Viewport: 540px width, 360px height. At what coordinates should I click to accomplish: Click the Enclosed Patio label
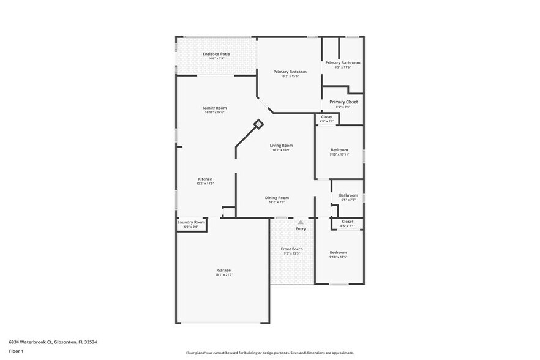[216, 54]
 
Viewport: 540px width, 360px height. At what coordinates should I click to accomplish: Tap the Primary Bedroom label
[290, 72]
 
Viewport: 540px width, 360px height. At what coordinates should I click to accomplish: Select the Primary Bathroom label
[342, 62]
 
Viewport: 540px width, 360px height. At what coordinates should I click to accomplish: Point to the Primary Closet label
[343, 102]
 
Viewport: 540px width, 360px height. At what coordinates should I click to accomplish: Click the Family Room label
[214, 108]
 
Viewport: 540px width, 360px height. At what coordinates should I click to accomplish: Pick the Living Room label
[281, 145]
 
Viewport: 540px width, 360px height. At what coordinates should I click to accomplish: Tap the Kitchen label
[204, 179]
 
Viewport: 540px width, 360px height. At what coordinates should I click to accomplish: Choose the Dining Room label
[277, 197]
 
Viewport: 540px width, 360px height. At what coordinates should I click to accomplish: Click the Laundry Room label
[191, 222]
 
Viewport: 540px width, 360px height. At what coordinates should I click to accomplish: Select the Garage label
[224, 270]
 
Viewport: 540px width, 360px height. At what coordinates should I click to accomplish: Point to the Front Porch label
[291, 249]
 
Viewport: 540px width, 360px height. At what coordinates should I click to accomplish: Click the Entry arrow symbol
[300, 223]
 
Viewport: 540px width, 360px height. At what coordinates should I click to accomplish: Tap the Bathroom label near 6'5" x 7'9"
[348, 195]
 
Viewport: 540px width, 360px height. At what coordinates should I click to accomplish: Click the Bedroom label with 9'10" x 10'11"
[339, 149]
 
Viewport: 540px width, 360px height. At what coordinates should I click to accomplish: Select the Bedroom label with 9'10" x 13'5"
[339, 252]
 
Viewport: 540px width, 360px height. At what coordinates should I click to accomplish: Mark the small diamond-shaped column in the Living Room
[258, 124]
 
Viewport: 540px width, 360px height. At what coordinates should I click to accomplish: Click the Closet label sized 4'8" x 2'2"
[327, 116]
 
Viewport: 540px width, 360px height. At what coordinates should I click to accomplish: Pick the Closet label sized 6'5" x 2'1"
[347, 221]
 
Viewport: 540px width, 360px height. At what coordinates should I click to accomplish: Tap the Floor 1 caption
[16, 351]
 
